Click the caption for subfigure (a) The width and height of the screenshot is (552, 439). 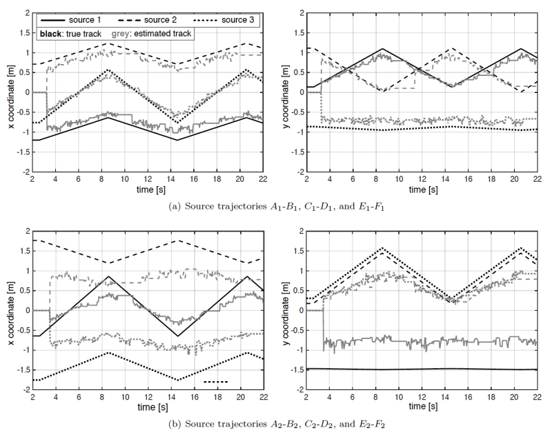[275, 204]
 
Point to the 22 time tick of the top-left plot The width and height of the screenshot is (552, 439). [264, 177]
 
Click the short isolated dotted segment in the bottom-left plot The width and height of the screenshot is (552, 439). [216, 381]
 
